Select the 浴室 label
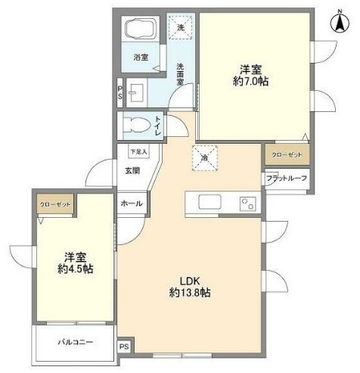[x=141, y=57]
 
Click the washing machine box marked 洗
[x=180, y=27]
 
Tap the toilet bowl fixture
[x=137, y=123]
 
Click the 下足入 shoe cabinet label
[x=138, y=152]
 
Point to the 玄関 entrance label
[x=132, y=170]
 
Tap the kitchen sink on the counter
[x=209, y=203]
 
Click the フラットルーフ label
[x=285, y=179]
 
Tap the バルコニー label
[x=76, y=342]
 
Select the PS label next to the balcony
[x=124, y=347]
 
